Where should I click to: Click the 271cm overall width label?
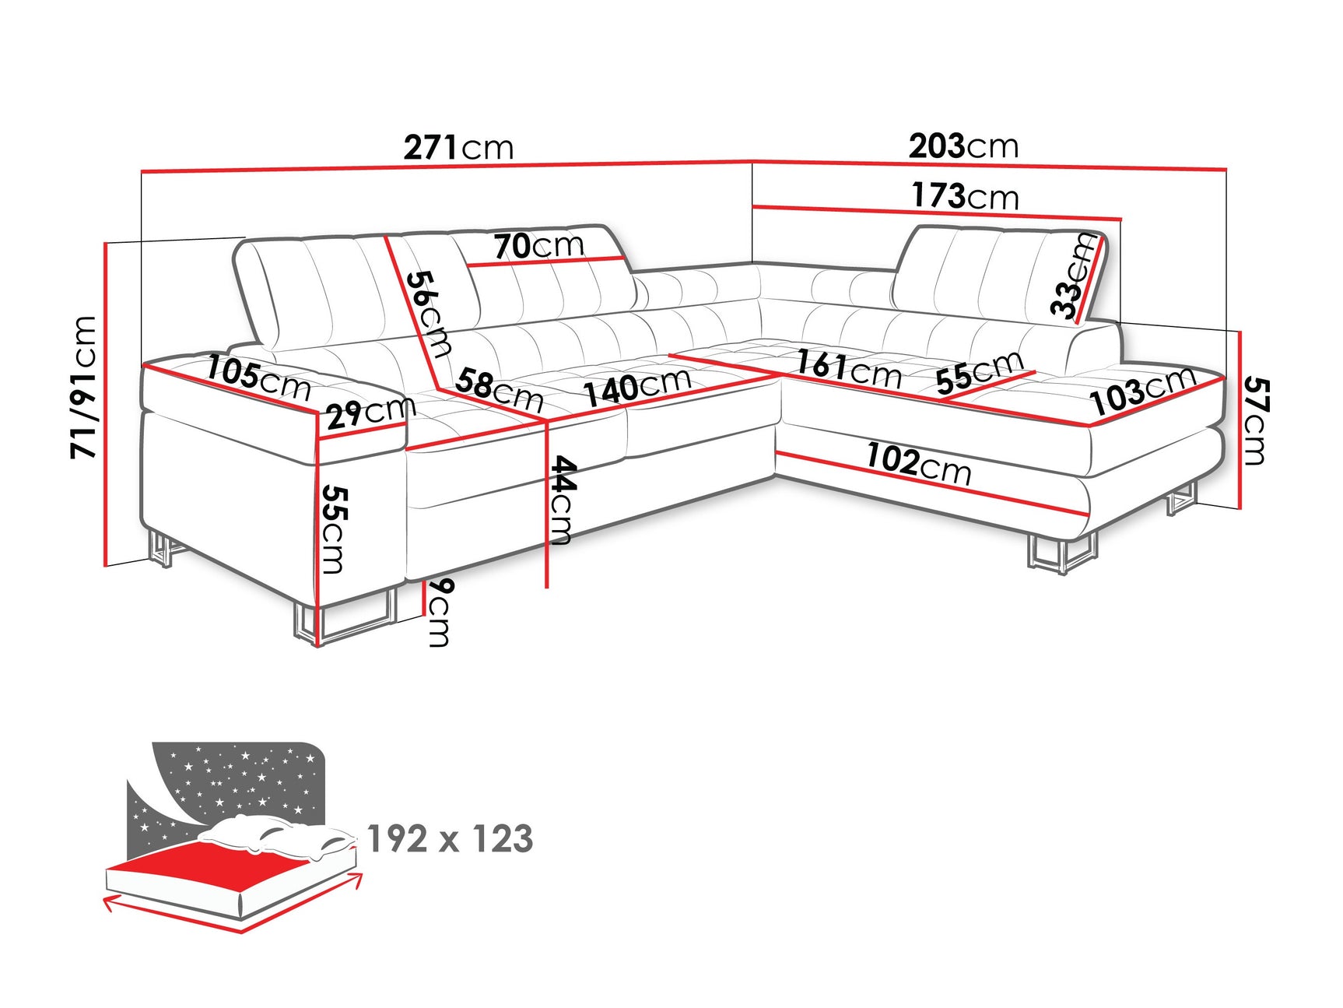[458, 147]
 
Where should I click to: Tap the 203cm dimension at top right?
[963, 146]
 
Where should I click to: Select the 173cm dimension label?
[965, 196]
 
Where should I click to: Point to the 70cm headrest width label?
[539, 246]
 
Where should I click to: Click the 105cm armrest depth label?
[259, 378]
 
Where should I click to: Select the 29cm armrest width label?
[370, 412]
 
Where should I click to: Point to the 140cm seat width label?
[637, 387]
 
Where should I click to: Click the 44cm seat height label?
[562, 500]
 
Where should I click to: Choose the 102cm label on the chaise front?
[919, 463]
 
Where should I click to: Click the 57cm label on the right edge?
[1255, 421]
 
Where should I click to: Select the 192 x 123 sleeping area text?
[450, 839]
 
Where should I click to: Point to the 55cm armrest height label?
[335, 529]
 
